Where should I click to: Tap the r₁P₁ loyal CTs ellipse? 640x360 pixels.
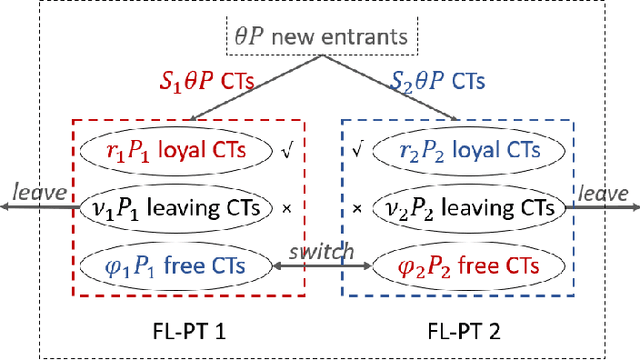(176, 151)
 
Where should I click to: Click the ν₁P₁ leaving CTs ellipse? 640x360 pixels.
(176, 208)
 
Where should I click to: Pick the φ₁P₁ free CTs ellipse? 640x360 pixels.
(176, 266)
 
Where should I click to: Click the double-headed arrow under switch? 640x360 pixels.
(322, 267)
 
